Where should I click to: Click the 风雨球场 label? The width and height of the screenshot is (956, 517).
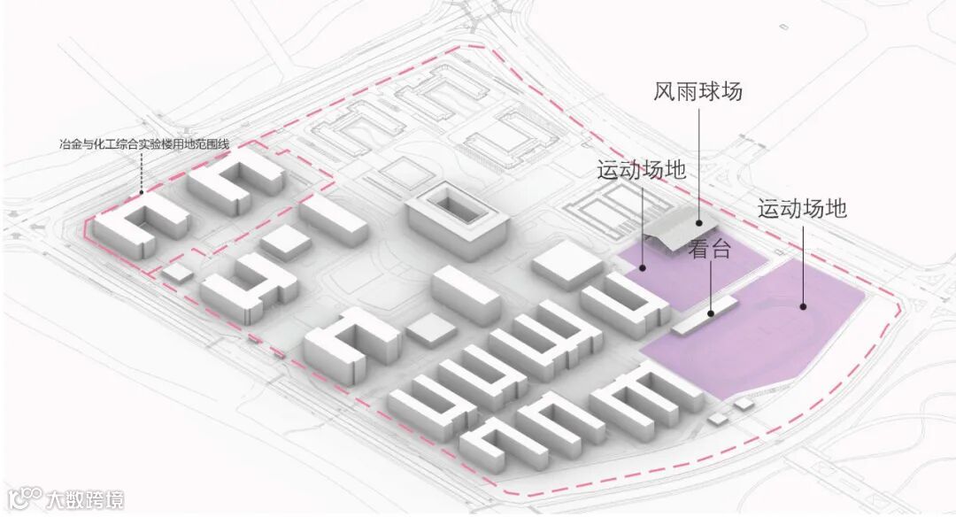coord(698,92)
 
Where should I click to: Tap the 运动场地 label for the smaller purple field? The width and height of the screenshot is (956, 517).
coord(642,170)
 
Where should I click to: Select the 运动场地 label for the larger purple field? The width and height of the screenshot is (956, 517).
coord(802,210)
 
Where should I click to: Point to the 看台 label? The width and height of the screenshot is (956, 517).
coord(710,249)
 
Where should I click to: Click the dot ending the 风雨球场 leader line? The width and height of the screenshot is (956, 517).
coord(698,225)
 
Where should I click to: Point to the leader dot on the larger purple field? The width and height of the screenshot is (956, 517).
coord(803,306)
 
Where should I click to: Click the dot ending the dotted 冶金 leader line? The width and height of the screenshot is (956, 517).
coord(142,191)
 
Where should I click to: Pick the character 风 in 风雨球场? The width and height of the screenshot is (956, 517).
coord(665,92)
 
